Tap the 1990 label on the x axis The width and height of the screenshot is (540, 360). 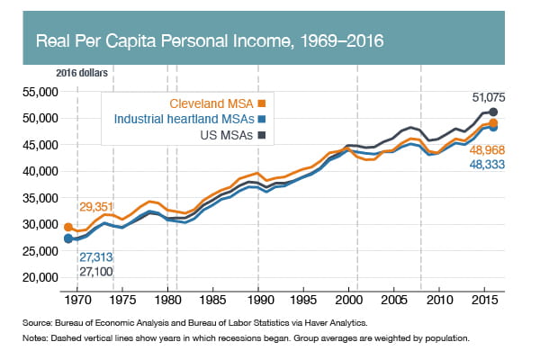(x=259, y=298)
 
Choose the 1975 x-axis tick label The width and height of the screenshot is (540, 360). (x=122, y=298)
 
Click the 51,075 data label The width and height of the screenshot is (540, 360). (x=493, y=96)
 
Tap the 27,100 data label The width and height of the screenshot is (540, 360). (x=97, y=271)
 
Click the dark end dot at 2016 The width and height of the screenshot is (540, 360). (x=494, y=112)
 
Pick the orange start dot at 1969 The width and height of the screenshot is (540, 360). (x=68, y=228)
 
